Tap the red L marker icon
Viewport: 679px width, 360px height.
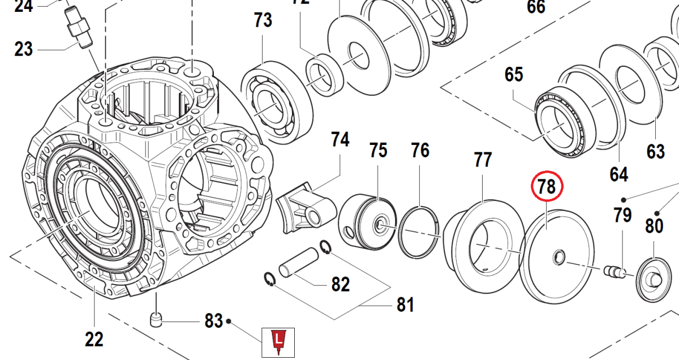(278, 341)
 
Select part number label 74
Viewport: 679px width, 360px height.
(340, 140)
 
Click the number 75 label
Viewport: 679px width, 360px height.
(378, 151)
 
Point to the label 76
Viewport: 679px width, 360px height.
(420, 151)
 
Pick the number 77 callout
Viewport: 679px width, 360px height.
(483, 160)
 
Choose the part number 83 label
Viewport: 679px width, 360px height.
(213, 322)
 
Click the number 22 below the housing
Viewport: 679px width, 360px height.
(94, 339)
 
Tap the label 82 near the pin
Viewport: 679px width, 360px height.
(340, 284)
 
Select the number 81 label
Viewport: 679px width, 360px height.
(405, 305)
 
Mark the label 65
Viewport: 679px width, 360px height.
(514, 75)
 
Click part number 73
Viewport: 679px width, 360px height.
(263, 21)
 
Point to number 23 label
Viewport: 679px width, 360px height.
(24, 49)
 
